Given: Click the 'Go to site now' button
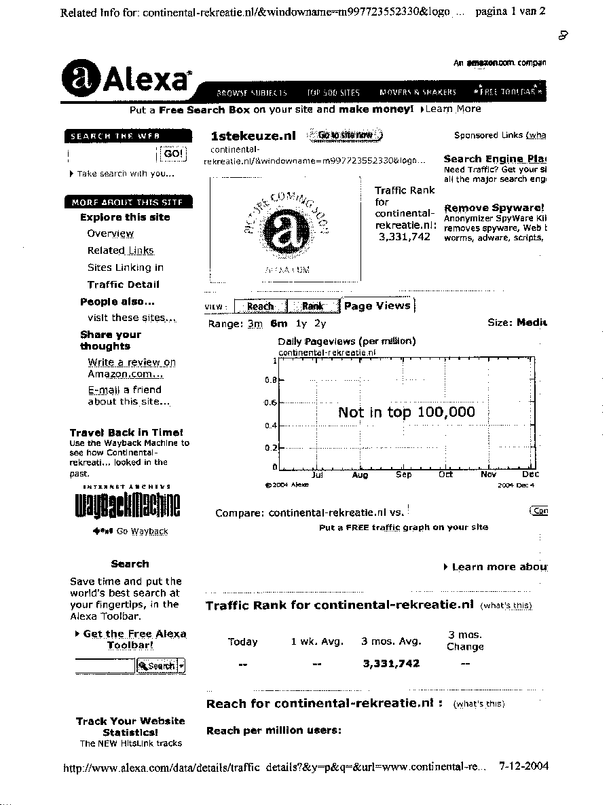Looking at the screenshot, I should tap(346, 135).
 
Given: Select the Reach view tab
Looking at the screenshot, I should tap(260, 306).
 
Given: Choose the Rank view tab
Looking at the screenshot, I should tap(312, 306).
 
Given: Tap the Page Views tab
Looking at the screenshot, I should tap(377, 306).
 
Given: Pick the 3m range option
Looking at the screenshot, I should tap(255, 324).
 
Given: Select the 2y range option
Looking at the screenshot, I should tap(320, 324).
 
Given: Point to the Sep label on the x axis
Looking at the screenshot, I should tap(403, 475).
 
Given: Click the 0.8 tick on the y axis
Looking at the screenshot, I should tap(270, 380).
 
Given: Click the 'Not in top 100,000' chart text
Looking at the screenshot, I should tap(406, 412).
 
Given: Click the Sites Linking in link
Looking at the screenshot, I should tap(125, 267).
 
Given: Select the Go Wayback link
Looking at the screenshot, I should tap(141, 531).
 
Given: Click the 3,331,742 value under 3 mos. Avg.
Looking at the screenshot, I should tap(391, 664).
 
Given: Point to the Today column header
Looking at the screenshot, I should tap(242, 641).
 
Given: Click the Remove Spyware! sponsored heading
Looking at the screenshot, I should tap(494, 208).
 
